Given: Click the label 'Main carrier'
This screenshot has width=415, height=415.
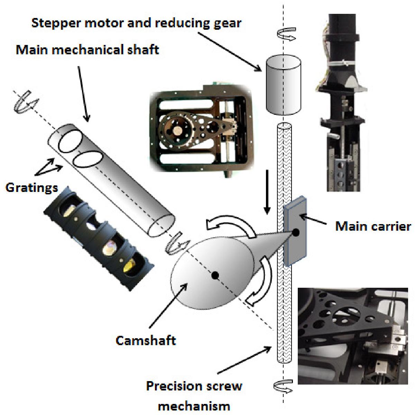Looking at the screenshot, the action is coord(373,227).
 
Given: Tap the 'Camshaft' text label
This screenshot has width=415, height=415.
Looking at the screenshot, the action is coord(146,341).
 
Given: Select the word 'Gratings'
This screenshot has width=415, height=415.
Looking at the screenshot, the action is coord(32,188).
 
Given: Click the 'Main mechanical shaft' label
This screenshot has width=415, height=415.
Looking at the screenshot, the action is coord(87,50).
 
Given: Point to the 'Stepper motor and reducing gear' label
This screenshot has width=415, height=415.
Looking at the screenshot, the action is coord(136,24).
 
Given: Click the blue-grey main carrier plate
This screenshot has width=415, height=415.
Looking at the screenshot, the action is coord(295,231).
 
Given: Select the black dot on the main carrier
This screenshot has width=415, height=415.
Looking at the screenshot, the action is coord(296,233).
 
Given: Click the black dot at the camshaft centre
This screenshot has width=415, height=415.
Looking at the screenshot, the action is coord(215,275).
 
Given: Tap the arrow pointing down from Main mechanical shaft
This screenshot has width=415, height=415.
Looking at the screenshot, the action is coord(84,94).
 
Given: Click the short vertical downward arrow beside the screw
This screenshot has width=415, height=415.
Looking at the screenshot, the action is coord(267,192).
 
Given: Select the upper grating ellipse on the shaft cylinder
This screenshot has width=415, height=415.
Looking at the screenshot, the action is coord(70,141).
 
